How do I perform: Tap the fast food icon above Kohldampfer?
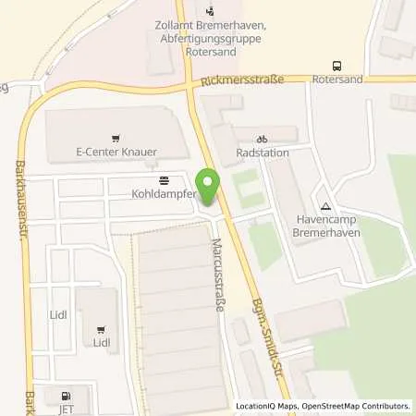164,179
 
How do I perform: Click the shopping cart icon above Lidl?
101,328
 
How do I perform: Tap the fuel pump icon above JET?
63,393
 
